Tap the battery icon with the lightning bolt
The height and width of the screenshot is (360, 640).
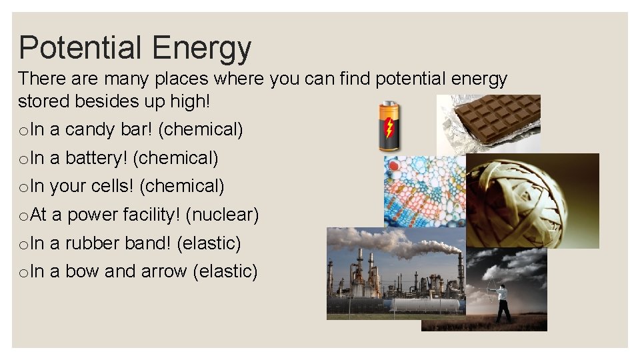pos(389,126)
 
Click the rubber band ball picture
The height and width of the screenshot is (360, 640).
pos(527,200)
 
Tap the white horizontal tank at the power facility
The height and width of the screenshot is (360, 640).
pos(427,305)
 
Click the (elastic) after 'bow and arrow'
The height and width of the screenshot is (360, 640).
pos(224,271)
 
